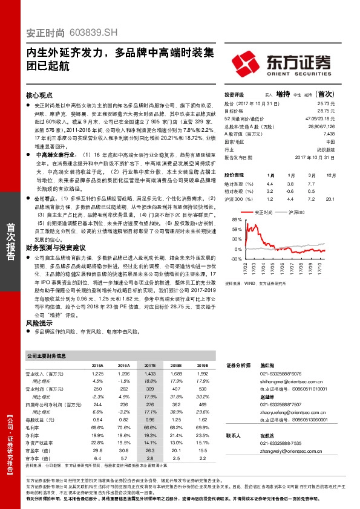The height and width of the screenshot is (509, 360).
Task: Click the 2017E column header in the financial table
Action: (149, 366)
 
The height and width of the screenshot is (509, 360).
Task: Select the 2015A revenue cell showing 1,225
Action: (97, 374)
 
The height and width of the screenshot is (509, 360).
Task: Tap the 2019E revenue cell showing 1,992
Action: (203, 374)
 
